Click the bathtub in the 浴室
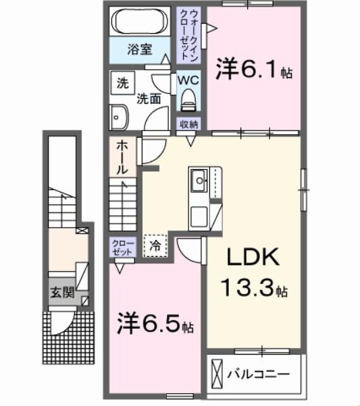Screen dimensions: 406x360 [140, 23]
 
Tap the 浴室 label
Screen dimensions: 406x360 [140, 49]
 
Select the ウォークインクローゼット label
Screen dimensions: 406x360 [189, 34]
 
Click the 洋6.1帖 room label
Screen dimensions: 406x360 [254, 69]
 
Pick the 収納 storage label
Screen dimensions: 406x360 [188, 124]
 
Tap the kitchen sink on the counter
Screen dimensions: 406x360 [199, 180]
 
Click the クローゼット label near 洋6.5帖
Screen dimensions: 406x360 [122, 247]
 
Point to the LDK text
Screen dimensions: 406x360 [253, 259]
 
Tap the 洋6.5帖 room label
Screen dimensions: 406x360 [155, 324]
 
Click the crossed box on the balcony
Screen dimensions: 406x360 [216, 373]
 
